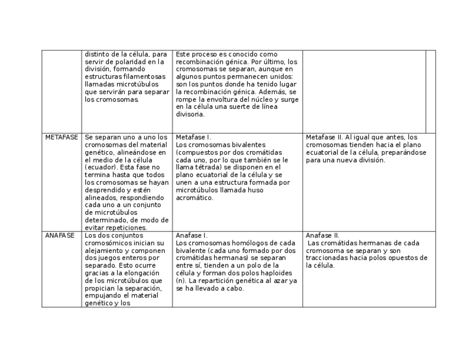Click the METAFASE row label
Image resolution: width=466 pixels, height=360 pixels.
(x=62, y=137)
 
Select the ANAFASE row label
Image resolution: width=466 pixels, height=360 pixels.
(x=60, y=236)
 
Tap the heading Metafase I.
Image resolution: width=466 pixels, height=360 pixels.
(x=193, y=137)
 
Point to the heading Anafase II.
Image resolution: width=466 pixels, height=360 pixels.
(x=323, y=236)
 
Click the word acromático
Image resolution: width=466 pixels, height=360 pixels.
(x=195, y=197)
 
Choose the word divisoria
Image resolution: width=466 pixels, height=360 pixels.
(x=190, y=114)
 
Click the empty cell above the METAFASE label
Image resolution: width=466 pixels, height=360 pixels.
(x=62, y=91)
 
